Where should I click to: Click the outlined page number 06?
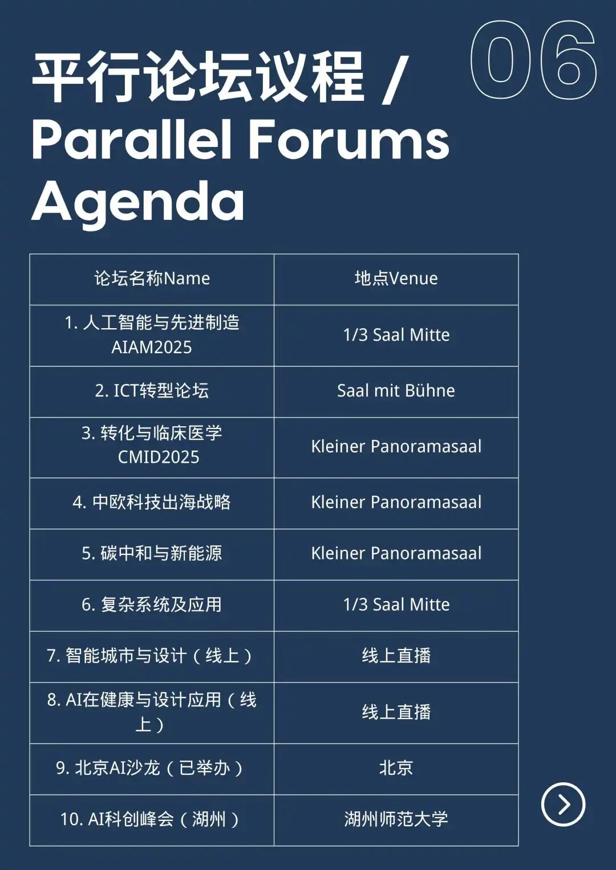pyautogui.click(x=533, y=60)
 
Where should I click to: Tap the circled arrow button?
pyautogui.click(x=563, y=804)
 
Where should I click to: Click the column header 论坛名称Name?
pyautogui.click(x=152, y=279)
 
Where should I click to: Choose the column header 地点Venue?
pyautogui.click(x=396, y=279)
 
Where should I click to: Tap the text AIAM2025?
pyautogui.click(x=152, y=347)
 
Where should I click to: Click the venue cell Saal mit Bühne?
pyautogui.click(x=396, y=391)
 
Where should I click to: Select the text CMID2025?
pyautogui.click(x=159, y=457)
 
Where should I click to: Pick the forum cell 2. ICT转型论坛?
pyautogui.click(x=152, y=391)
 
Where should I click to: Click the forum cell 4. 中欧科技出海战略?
pyautogui.click(x=152, y=503)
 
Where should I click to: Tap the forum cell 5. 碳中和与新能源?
pyautogui.click(x=152, y=553)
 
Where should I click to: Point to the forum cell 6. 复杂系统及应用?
pyautogui.click(x=152, y=604)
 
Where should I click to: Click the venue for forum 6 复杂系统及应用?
pyautogui.click(x=396, y=604)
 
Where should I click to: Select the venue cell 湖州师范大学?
pyautogui.click(x=396, y=819)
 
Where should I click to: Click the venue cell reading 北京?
pyautogui.click(x=396, y=768)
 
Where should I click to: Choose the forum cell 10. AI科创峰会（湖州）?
pyautogui.click(x=149, y=819)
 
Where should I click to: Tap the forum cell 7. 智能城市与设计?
pyautogui.click(x=149, y=656)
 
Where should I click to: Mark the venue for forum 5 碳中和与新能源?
pyautogui.click(x=396, y=553)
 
